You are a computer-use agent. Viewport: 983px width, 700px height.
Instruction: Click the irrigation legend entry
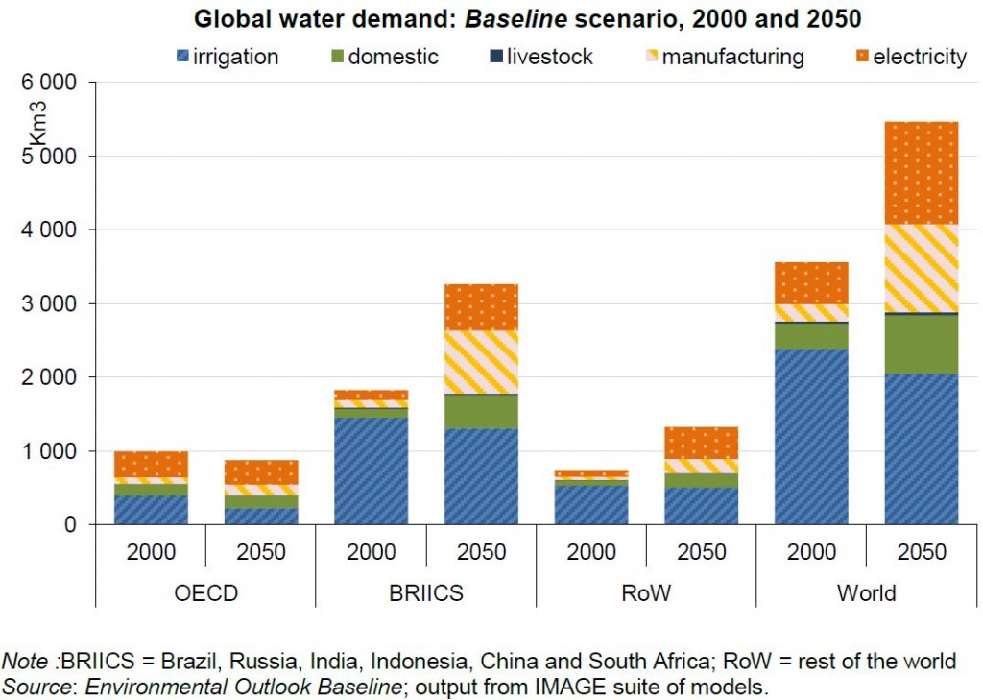pyautogui.click(x=227, y=57)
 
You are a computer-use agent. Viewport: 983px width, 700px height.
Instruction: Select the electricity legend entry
pyautogui.click(x=910, y=57)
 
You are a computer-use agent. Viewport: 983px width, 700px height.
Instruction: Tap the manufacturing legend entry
pyautogui.click(x=722, y=57)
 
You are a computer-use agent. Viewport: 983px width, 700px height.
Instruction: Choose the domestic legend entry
pyautogui.click(x=384, y=57)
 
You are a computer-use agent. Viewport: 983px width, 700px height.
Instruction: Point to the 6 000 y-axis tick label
pyautogui.click(x=54, y=83)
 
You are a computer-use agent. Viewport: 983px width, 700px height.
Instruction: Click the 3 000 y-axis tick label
pyautogui.click(x=54, y=303)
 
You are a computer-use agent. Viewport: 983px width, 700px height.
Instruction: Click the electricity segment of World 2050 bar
pyautogui.click(x=922, y=173)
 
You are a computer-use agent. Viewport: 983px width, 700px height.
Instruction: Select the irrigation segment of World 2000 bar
pyautogui.click(x=811, y=437)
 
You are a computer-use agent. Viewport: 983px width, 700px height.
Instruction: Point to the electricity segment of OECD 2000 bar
pyautogui.click(x=151, y=464)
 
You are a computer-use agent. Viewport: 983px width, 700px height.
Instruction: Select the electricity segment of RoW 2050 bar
pyautogui.click(x=702, y=443)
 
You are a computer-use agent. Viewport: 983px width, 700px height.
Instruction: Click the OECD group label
pyautogui.click(x=205, y=592)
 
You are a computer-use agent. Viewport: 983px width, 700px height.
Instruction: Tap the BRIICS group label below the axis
pyautogui.click(x=425, y=592)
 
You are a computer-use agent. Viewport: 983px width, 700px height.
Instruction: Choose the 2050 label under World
pyautogui.click(x=922, y=553)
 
